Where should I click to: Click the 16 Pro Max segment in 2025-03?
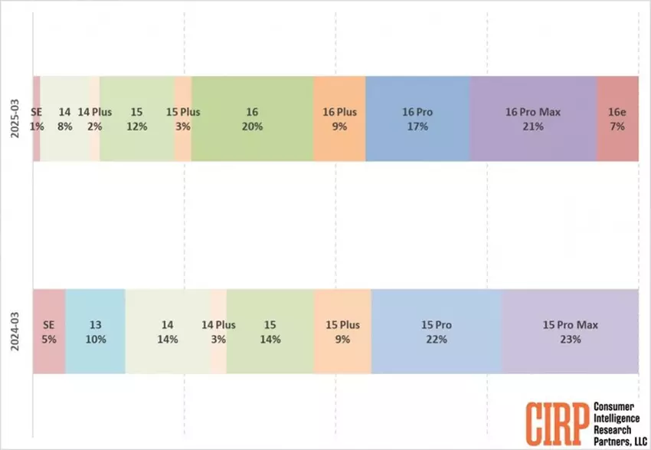(x=533, y=118)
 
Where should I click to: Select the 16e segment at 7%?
(x=617, y=118)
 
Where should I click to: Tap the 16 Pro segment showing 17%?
(x=417, y=118)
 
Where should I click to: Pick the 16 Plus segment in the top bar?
(x=339, y=118)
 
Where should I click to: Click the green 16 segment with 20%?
(x=252, y=118)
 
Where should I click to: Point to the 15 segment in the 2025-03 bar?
(x=137, y=118)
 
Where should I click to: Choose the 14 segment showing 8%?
(x=64, y=118)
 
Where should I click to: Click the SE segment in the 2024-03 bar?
(x=49, y=331)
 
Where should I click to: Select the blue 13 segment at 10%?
(x=95, y=331)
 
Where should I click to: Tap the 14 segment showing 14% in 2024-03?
(x=167, y=331)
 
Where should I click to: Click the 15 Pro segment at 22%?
(x=436, y=331)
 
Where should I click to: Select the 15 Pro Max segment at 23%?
(x=570, y=331)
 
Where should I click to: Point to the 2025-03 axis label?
(x=16, y=118)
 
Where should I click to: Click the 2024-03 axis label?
(x=16, y=331)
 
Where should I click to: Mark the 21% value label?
(x=533, y=126)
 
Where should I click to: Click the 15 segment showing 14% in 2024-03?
(x=270, y=331)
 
